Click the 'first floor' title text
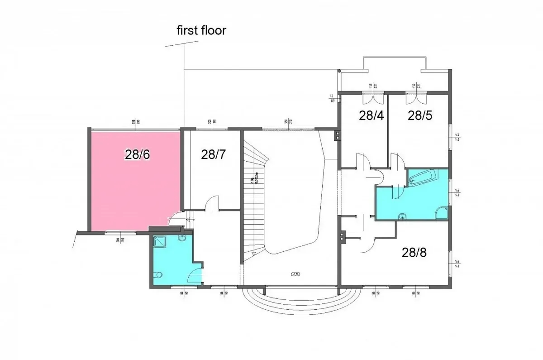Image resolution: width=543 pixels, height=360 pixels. point(201,31)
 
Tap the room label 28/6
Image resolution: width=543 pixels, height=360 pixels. point(138,154)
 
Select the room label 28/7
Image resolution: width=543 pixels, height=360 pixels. point(213,154)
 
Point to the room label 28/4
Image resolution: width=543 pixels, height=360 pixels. point(371,115)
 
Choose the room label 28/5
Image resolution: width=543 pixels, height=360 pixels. point(420,115)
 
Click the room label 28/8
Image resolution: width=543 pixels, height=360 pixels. point(414,252)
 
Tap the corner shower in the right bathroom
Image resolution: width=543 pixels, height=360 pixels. point(441,212)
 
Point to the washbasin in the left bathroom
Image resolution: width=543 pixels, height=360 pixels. point(182,237)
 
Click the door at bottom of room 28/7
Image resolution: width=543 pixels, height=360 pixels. point(212,204)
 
